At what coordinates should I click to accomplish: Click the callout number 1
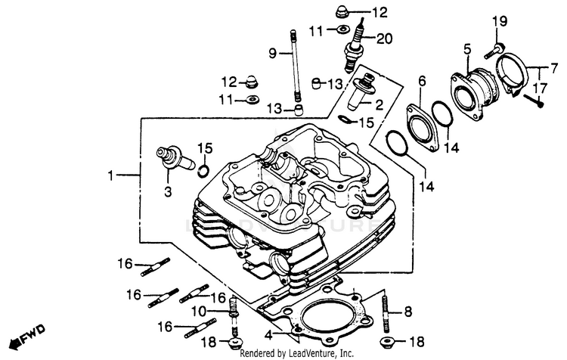(111, 175)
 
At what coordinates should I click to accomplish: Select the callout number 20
(384, 39)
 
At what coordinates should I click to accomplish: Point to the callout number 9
(273, 53)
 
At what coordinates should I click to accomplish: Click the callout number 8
(407, 311)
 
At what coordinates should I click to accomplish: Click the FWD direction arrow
(28, 333)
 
